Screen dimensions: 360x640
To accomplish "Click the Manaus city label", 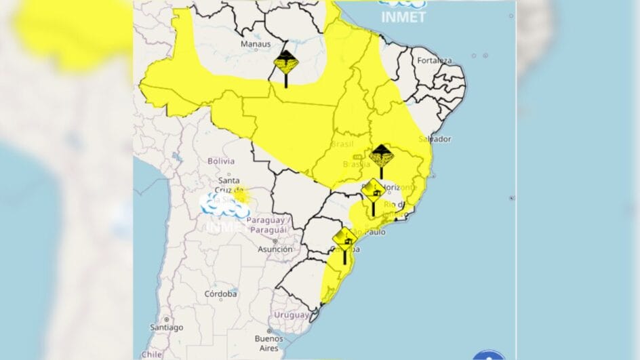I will click(256, 44).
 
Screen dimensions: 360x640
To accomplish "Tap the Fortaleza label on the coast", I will click(435, 60).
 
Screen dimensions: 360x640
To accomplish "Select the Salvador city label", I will click(435, 139).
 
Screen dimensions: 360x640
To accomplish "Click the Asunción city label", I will click(275, 249).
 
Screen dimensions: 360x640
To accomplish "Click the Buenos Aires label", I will click(268, 342).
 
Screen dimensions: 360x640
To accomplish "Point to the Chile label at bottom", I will click(151, 355).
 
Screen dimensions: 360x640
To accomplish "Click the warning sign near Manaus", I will click(286, 64).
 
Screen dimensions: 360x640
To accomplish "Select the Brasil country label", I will click(342, 144).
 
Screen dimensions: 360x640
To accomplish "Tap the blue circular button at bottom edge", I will click(488, 355).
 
